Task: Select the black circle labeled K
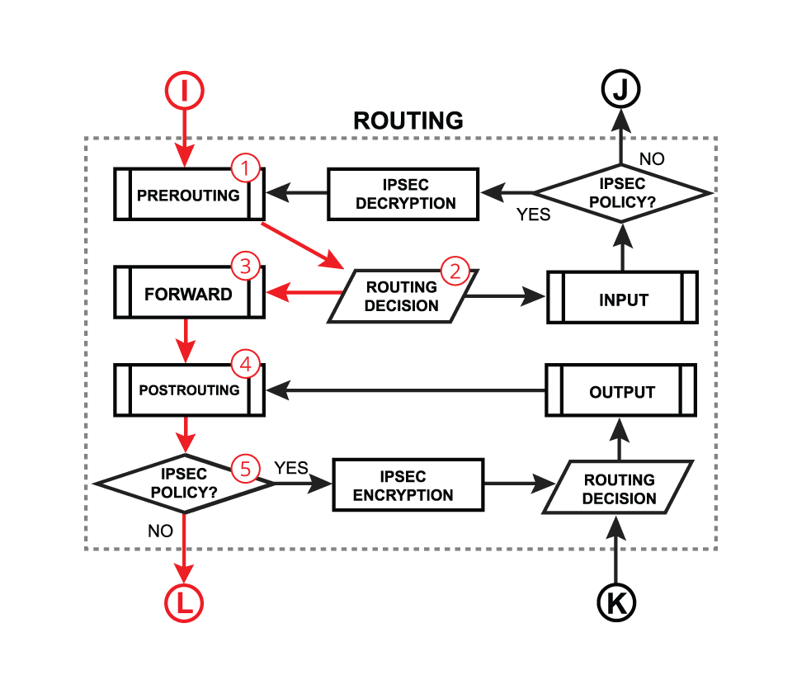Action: [616, 602]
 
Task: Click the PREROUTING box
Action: [188, 196]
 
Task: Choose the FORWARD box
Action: [188, 294]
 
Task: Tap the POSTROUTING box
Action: [188, 390]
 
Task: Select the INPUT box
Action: [622, 299]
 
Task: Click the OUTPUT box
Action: [621, 392]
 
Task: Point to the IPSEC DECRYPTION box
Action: [403, 194]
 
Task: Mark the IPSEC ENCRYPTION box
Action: [408, 485]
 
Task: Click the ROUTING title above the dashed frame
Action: [408, 120]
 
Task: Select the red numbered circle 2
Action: [455, 270]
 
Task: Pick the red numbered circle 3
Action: [245, 266]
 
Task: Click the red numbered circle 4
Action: [245, 362]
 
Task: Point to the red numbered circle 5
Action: [245, 467]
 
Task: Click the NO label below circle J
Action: [651, 158]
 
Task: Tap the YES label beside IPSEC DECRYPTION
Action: [533, 215]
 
